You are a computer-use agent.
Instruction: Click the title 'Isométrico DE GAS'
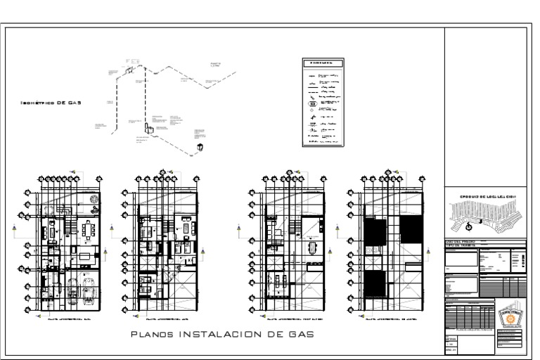[x=51, y=103]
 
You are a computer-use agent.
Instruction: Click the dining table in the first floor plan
[x=89, y=231]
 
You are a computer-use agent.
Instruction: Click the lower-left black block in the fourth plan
[x=375, y=283]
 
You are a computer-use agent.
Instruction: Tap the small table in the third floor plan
[x=310, y=247]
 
